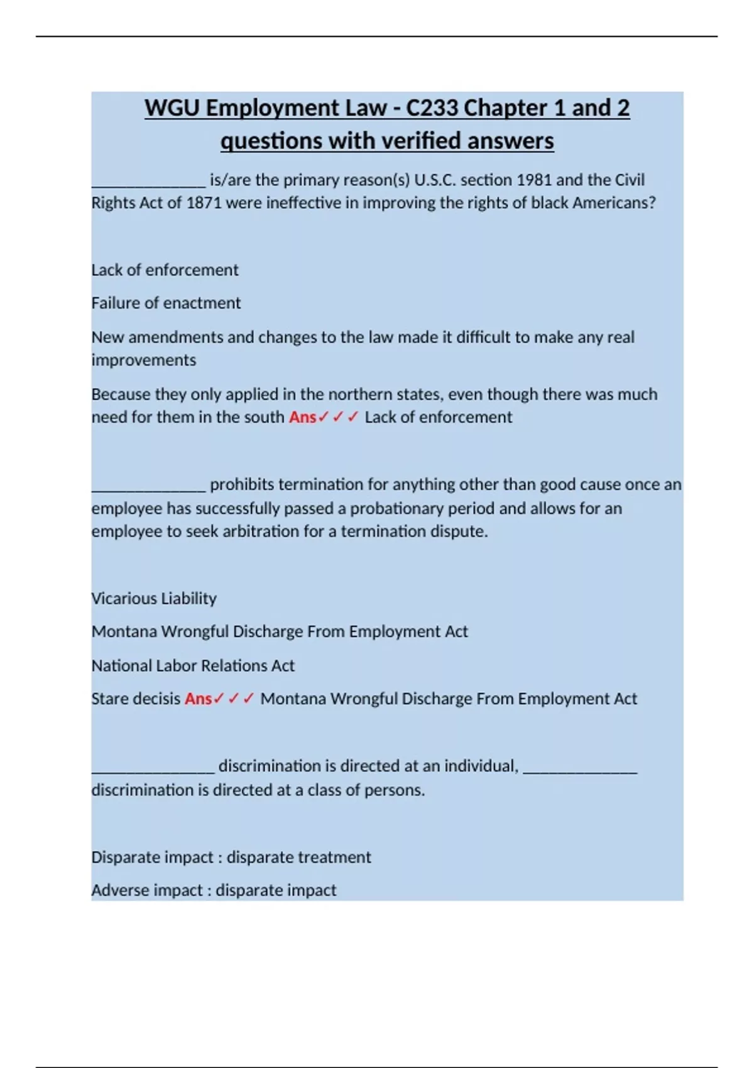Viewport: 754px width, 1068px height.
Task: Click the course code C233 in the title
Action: [x=432, y=108]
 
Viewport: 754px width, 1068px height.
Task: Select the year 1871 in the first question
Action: [x=204, y=203]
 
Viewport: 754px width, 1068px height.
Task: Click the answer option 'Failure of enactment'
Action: [x=166, y=303]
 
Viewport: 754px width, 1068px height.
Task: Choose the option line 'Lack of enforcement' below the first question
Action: [x=165, y=270]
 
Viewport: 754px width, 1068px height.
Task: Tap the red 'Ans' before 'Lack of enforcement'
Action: [x=302, y=417]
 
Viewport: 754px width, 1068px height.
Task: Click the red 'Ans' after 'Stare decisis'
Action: [x=198, y=699]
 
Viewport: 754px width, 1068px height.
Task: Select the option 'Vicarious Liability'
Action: [x=154, y=598]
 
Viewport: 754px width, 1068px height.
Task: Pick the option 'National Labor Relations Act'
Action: [x=193, y=665]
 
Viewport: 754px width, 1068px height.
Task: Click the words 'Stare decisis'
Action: [x=136, y=699]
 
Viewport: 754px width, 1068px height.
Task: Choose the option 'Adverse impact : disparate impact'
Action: [x=214, y=890]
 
